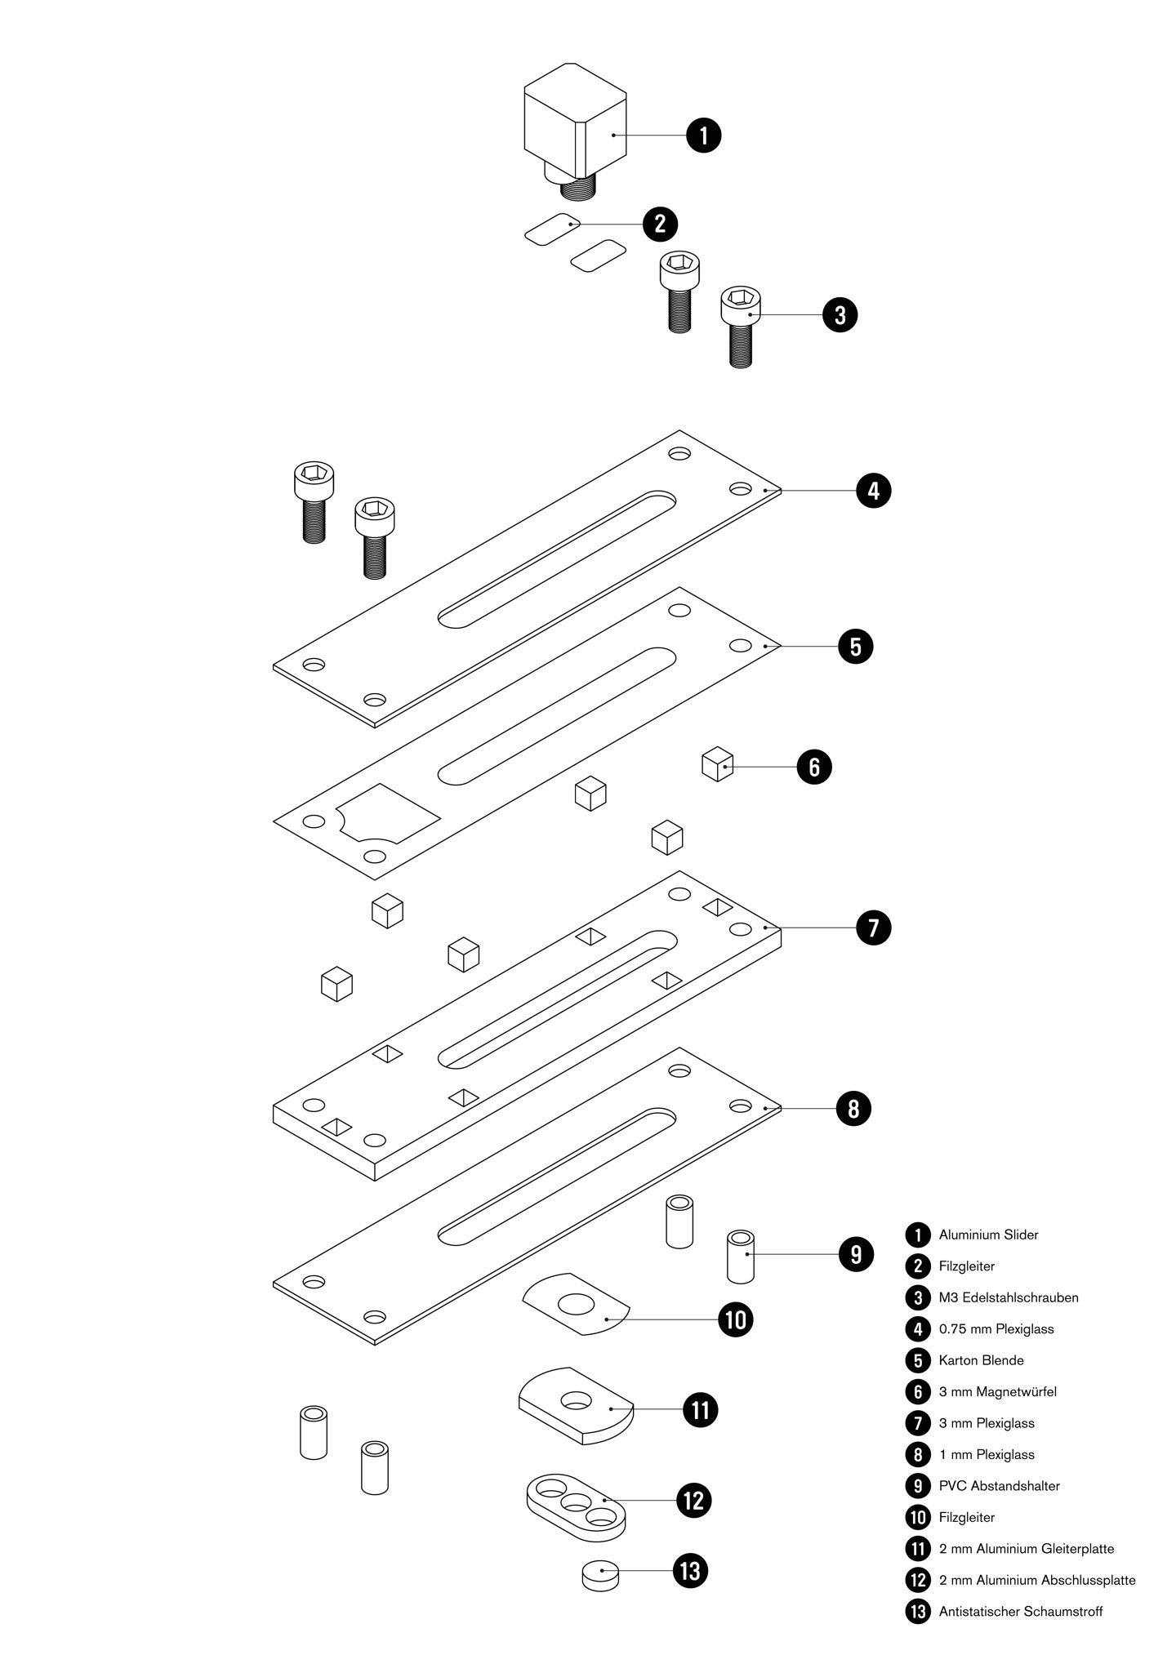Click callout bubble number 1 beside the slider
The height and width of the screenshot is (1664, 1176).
click(x=704, y=135)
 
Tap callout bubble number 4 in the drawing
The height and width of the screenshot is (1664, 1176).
click(x=873, y=491)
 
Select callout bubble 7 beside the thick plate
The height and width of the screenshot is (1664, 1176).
click(x=873, y=928)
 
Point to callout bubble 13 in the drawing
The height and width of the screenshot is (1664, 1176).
click(x=690, y=1570)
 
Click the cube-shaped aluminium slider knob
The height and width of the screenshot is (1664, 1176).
click(x=575, y=122)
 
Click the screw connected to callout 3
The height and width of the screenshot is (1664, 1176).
click(x=741, y=327)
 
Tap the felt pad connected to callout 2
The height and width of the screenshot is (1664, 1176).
click(x=552, y=228)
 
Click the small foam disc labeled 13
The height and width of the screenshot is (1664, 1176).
click(x=599, y=1574)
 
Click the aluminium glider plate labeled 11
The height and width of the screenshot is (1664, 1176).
click(x=576, y=1406)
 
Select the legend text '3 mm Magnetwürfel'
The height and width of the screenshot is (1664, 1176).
click(x=997, y=1391)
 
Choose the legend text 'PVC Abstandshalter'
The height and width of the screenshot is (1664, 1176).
click(x=999, y=1486)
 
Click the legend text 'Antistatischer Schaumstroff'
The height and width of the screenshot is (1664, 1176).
click(x=1020, y=1611)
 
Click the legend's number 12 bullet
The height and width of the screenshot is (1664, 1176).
click(x=918, y=1580)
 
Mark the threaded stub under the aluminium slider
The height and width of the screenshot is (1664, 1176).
click(x=578, y=190)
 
